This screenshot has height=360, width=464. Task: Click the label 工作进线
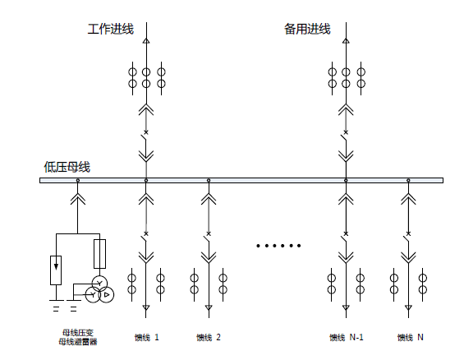(x=110, y=29)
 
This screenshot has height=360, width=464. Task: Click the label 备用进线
(x=307, y=29)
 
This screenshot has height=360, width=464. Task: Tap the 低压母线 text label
(x=67, y=167)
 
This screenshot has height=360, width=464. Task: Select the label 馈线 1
(x=146, y=337)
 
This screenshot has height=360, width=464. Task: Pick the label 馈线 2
(x=209, y=337)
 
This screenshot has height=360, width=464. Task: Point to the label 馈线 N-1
(x=347, y=337)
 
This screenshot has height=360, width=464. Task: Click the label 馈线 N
(x=410, y=337)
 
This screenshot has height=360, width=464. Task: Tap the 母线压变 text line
(x=78, y=333)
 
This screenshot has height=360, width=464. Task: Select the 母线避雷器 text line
(x=78, y=342)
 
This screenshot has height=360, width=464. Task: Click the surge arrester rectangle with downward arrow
(x=56, y=270)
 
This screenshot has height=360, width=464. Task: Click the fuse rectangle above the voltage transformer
(x=99, y=254)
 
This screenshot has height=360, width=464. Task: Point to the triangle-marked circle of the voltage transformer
(x=106, y=294)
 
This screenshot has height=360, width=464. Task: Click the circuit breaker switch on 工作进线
(x=145, y=139)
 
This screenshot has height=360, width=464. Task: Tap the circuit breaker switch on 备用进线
(x=345, y=139)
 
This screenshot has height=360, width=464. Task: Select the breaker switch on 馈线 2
(x=208, y=240)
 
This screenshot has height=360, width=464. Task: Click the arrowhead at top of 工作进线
(x=146, y=41)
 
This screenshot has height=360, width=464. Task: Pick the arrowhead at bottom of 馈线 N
(x=408, y=308)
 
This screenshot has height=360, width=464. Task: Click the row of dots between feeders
(x=278, y=246)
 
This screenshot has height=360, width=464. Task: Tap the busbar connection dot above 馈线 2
(x=209, y=180)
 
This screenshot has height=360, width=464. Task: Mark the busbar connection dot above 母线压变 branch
(x=78, y=180)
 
